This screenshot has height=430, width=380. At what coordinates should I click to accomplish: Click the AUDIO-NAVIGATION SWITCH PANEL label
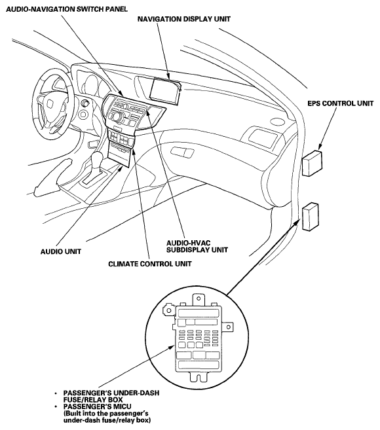(x=67, y=9)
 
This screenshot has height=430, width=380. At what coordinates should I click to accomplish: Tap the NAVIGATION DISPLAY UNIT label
(x=183, y=19)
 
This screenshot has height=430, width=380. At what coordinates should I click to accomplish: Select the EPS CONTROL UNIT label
(x=340, y=103)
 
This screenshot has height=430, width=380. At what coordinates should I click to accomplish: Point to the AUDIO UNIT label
(x=61, y=251)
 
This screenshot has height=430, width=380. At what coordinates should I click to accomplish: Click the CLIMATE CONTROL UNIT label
(x=150, y=264)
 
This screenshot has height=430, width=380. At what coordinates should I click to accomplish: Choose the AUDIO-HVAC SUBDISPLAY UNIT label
(x=197, y=246)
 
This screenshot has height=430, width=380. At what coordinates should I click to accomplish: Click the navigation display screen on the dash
(x=164, y=91)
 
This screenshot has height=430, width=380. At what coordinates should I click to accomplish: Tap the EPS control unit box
(x=312, y=162)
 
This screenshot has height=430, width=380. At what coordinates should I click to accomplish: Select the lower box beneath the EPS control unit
(x=311, y=217)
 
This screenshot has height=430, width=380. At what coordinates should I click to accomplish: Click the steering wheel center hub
(x=50, y=103)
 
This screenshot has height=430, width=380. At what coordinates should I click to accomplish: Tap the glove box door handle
(x=182, y=152)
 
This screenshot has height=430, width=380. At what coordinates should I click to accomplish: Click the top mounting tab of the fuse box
(x=199, y=300)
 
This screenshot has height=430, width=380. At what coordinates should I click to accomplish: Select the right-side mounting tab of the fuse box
(x=229, y=327)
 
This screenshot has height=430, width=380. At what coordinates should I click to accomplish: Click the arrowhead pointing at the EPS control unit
(x=320, y=147)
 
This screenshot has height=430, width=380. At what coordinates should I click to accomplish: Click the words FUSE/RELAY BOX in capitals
(x=93, y=399)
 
